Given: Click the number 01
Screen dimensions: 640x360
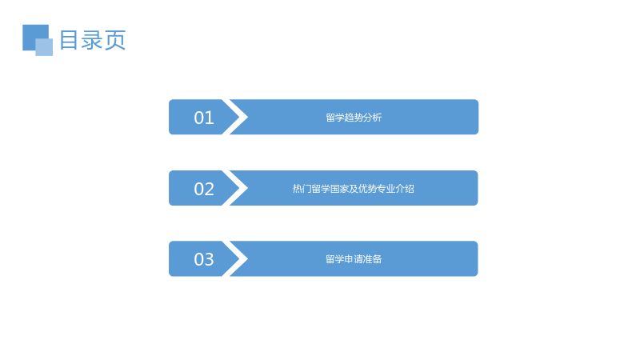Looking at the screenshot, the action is [204, 118].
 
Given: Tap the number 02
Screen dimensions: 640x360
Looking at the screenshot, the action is [204, 189].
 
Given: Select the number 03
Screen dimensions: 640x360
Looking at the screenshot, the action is [204, 259].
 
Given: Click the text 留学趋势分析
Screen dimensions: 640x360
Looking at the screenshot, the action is [354, 118].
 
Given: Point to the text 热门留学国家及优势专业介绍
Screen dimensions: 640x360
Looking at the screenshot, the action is [354, 189].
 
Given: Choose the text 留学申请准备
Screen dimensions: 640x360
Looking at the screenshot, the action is [354, 259].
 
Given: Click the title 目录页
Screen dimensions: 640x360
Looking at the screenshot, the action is [93, 40].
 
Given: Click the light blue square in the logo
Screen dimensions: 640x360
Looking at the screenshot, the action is [44, 47].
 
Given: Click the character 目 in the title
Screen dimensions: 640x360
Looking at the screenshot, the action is [69, 40].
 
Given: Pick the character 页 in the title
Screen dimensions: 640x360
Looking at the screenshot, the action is [115, 40].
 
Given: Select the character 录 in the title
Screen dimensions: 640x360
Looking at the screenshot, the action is [92, 40].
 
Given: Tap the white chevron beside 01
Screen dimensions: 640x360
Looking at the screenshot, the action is [235, 117].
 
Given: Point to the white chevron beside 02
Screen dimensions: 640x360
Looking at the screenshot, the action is [235, 188].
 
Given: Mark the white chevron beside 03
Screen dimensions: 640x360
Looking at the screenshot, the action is [235, 258].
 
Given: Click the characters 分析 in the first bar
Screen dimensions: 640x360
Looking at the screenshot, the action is [373, 118].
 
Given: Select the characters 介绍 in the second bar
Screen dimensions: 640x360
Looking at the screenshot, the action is [405, 189].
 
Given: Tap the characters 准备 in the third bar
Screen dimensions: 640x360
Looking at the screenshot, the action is [373, 259].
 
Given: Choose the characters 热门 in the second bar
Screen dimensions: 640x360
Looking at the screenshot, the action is [302, 189].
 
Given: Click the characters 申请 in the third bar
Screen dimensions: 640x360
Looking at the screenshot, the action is [354, 259].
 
